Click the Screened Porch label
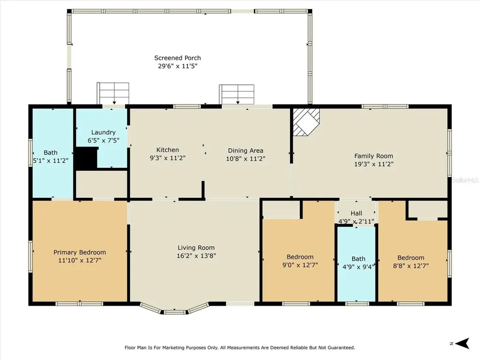[x=178, y=58]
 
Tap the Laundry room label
[x=103, y=133]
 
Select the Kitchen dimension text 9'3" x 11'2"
[x=168, y=158]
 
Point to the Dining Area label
[x=246, y=150]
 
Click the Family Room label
[x=374, y=156]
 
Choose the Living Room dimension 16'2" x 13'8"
[x=196, y=255]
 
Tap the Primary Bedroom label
[x=80, y=252]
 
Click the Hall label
[x=356, y=213]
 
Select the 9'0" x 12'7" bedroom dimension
[x=300, y=265]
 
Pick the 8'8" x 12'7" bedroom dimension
[x=411, y=265]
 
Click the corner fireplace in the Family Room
[x=306, y=122]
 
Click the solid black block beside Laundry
[x=87, y=158]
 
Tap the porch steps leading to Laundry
[x=113, y=93]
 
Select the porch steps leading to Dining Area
[x=237, y=95]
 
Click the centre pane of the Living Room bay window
[x=174, y=312]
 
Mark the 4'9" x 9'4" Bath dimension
[x=358, y=267]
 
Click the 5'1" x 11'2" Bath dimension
[x=51, y=160]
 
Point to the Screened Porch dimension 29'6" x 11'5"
[x=178, y=66]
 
